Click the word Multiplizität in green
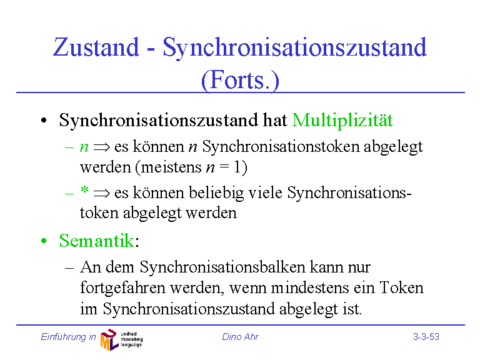[342, 120]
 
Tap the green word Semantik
[96, 241]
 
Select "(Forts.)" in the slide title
[240, 81]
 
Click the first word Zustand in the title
[96, 47]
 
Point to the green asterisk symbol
[84, 190]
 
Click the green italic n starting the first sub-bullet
[84, 147]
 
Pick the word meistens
[171, 167]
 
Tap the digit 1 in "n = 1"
[237, 167]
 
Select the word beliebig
[216, 194]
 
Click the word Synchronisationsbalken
[222, 267]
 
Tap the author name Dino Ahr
[240, 337]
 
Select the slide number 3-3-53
[426, 337]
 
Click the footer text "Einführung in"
[68, 337]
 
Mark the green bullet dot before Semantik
[44, 241]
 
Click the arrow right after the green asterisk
[102, 194]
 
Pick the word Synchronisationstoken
[281, 147]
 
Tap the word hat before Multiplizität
[275, 120]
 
